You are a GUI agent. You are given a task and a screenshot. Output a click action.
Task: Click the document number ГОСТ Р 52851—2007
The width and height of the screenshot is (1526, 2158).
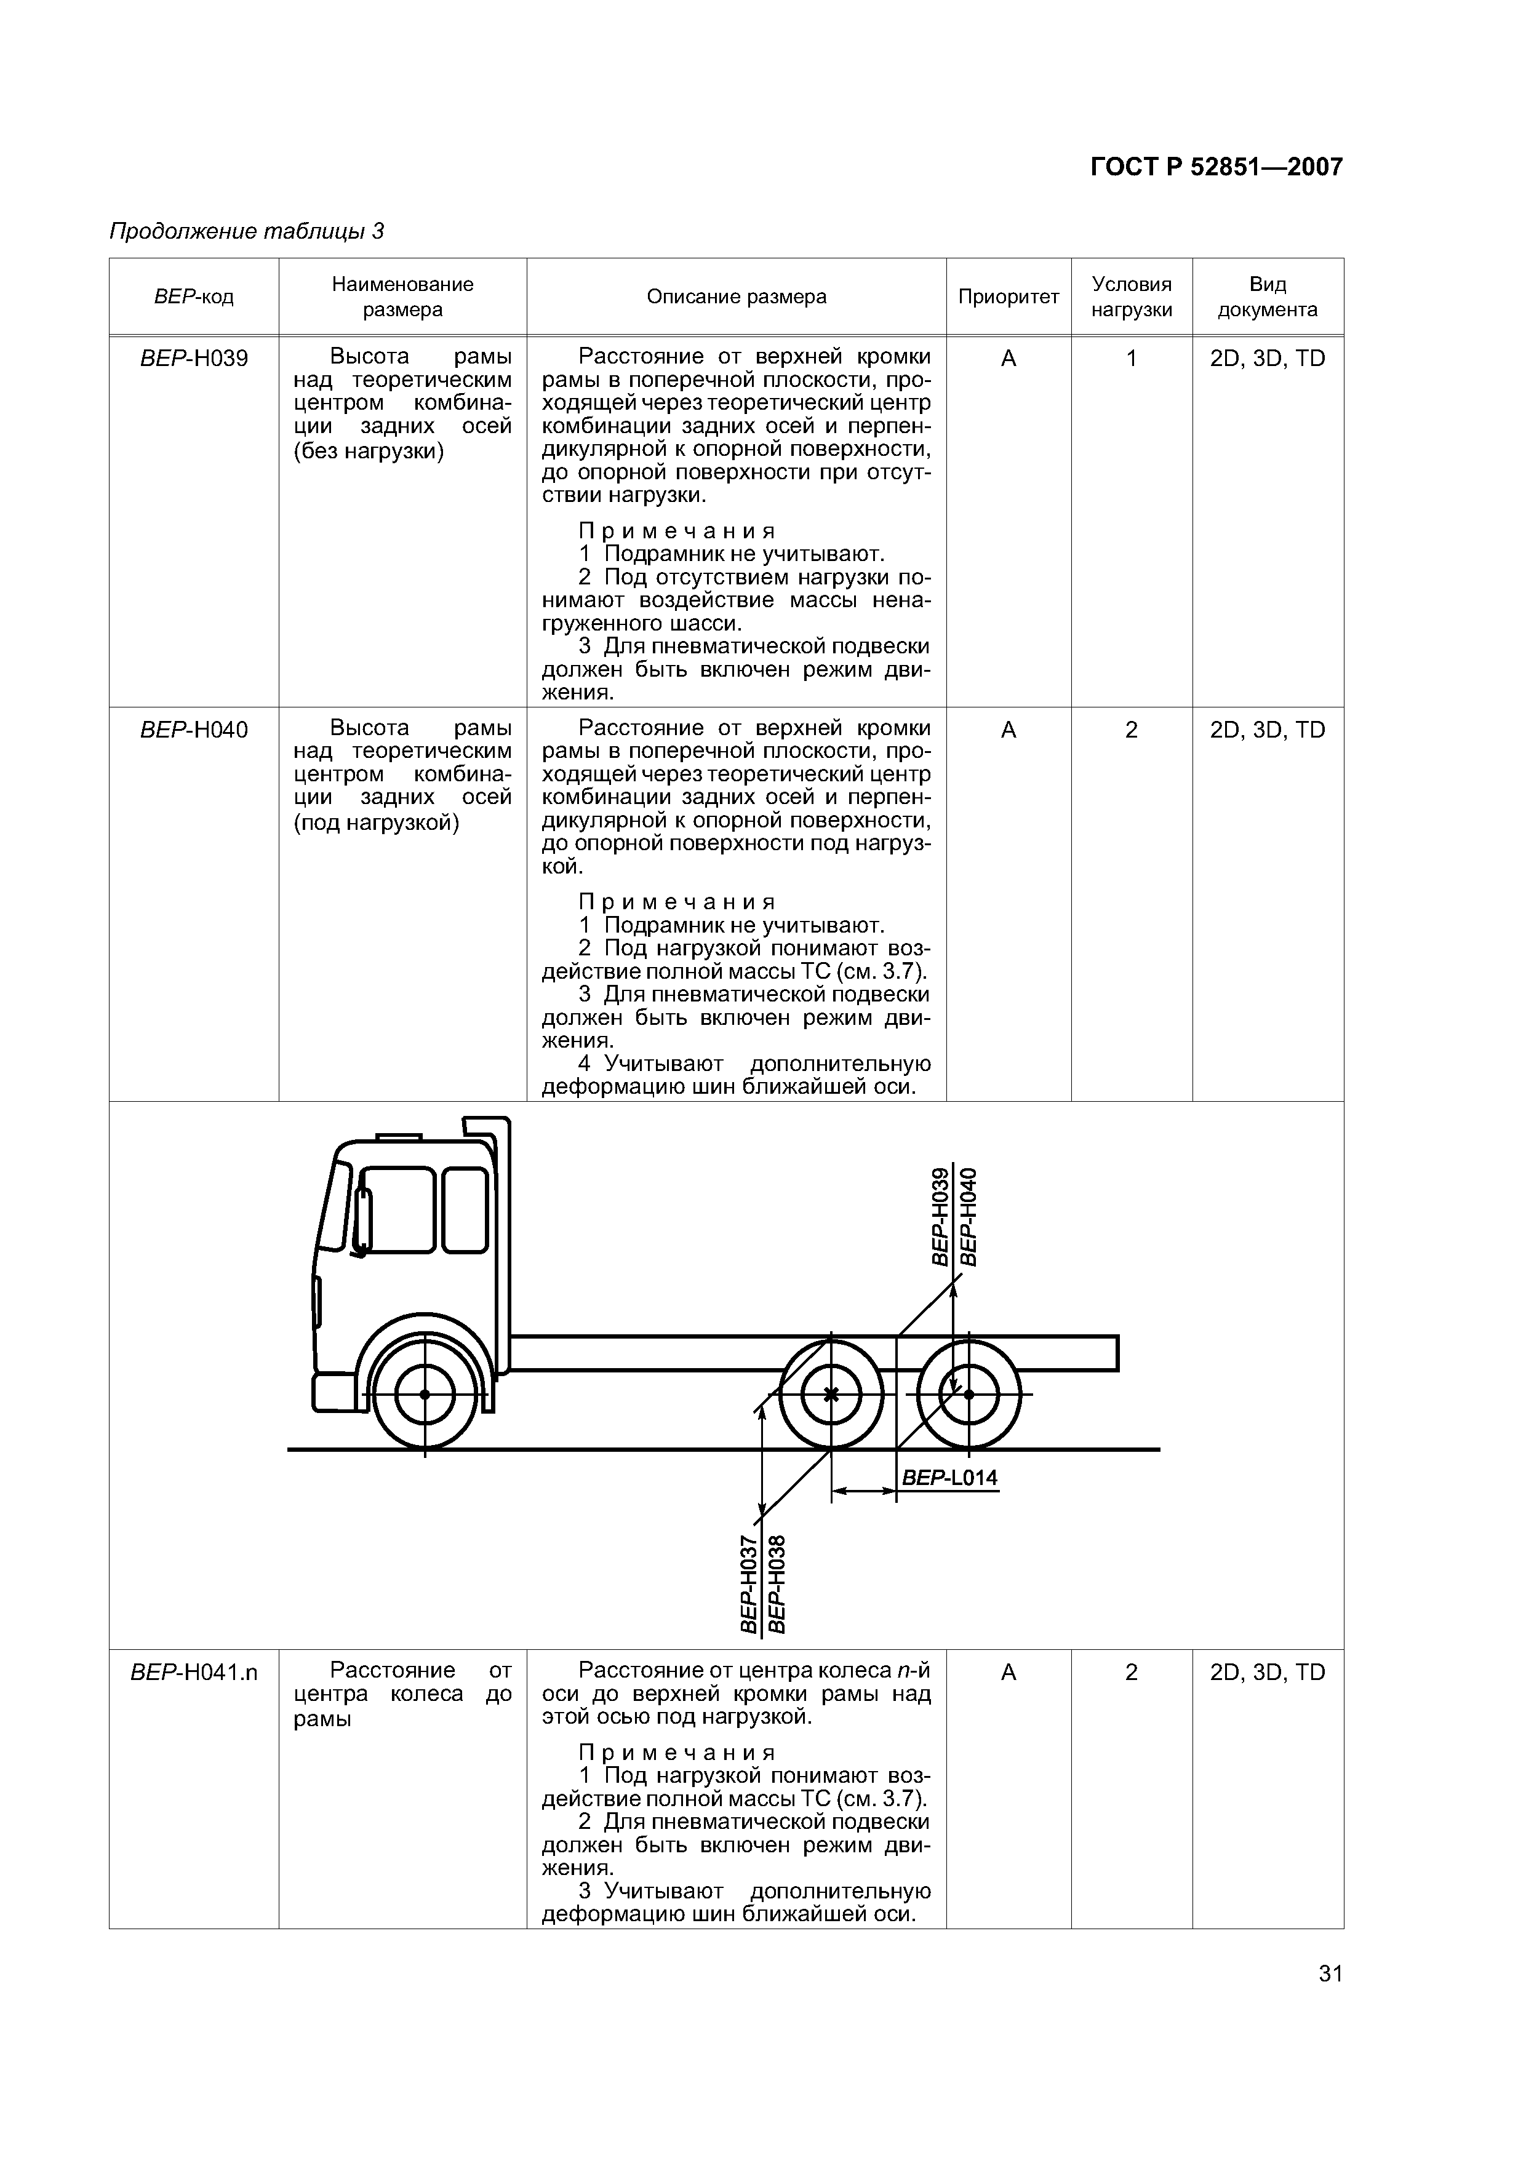[1216, 167]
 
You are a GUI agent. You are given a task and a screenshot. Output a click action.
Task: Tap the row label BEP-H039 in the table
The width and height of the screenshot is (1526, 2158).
[194, 358]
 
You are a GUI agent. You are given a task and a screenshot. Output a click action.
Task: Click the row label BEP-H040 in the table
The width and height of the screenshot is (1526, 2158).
[194, 730]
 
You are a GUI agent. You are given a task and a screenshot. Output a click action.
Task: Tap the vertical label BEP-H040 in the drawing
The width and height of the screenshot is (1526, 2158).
[969, 1216]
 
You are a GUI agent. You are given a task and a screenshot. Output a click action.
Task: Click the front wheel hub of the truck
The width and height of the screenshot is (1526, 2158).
[425, 1394]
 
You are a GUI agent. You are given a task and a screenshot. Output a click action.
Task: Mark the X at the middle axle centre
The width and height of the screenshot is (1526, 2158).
[830, 1394]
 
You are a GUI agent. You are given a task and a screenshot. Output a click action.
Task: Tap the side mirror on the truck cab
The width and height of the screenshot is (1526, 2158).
[361, 1222]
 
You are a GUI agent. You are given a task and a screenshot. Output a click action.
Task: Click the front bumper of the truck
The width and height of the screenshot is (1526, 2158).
[334, 1392]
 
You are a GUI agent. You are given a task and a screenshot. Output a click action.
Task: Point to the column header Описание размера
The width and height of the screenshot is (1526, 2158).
[736, 297]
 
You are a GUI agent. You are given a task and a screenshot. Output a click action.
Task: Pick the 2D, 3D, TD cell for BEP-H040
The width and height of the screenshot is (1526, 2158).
[1268, 730]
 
